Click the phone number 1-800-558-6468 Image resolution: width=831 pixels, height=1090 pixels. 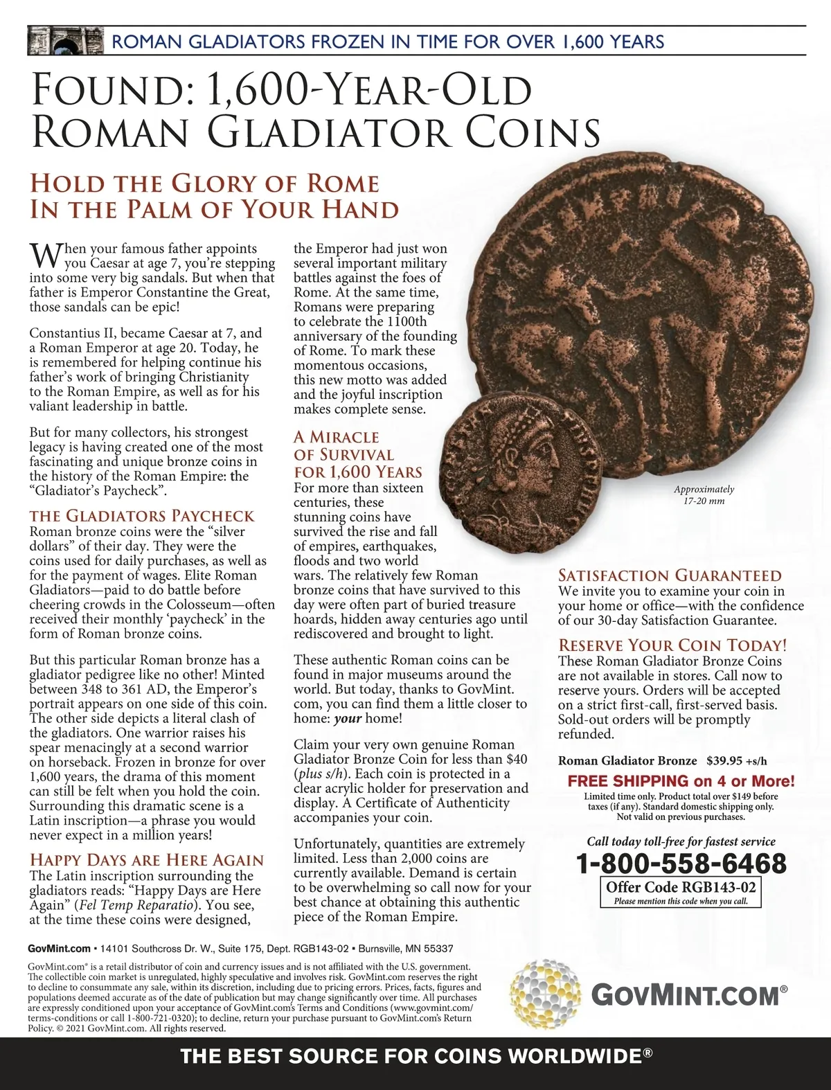[x=681, y=864]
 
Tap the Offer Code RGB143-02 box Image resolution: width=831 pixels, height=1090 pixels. [x=680, y=892]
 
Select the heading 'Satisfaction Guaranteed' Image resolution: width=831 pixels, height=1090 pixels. [x=670, y=575]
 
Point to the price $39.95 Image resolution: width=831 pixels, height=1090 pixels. [x=724, y=760]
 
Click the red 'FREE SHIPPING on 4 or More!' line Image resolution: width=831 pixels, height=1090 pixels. [x=681, y=781]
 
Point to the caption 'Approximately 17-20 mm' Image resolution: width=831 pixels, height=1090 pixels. [x=704, y=494]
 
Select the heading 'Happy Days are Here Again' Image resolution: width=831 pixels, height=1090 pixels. [x=147, y=860]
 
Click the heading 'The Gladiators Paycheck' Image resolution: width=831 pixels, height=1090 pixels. [x=142, y=516]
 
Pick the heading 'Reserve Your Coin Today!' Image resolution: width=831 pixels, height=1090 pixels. [x=672, y=645]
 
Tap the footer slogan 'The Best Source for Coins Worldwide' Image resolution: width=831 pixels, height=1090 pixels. [x=415, y=1057]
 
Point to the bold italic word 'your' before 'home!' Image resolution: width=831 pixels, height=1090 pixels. [x=348, y=718]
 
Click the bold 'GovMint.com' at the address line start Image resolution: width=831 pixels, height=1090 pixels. [x=60, y=948]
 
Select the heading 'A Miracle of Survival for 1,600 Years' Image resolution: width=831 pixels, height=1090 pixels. [x=357, y=455]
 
